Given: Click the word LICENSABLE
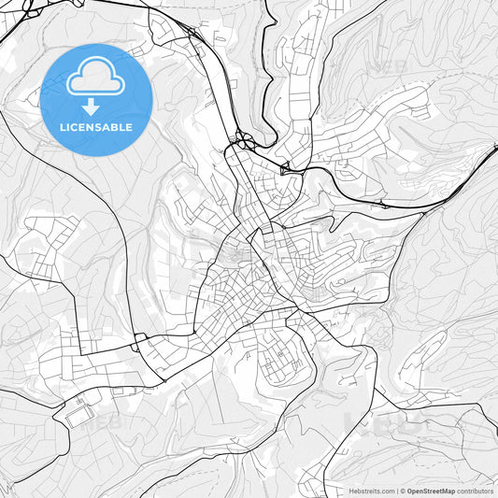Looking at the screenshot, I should (96, 127).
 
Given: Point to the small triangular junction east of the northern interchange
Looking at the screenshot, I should (284, 168).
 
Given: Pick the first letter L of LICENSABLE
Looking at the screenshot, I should (62, 127).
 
